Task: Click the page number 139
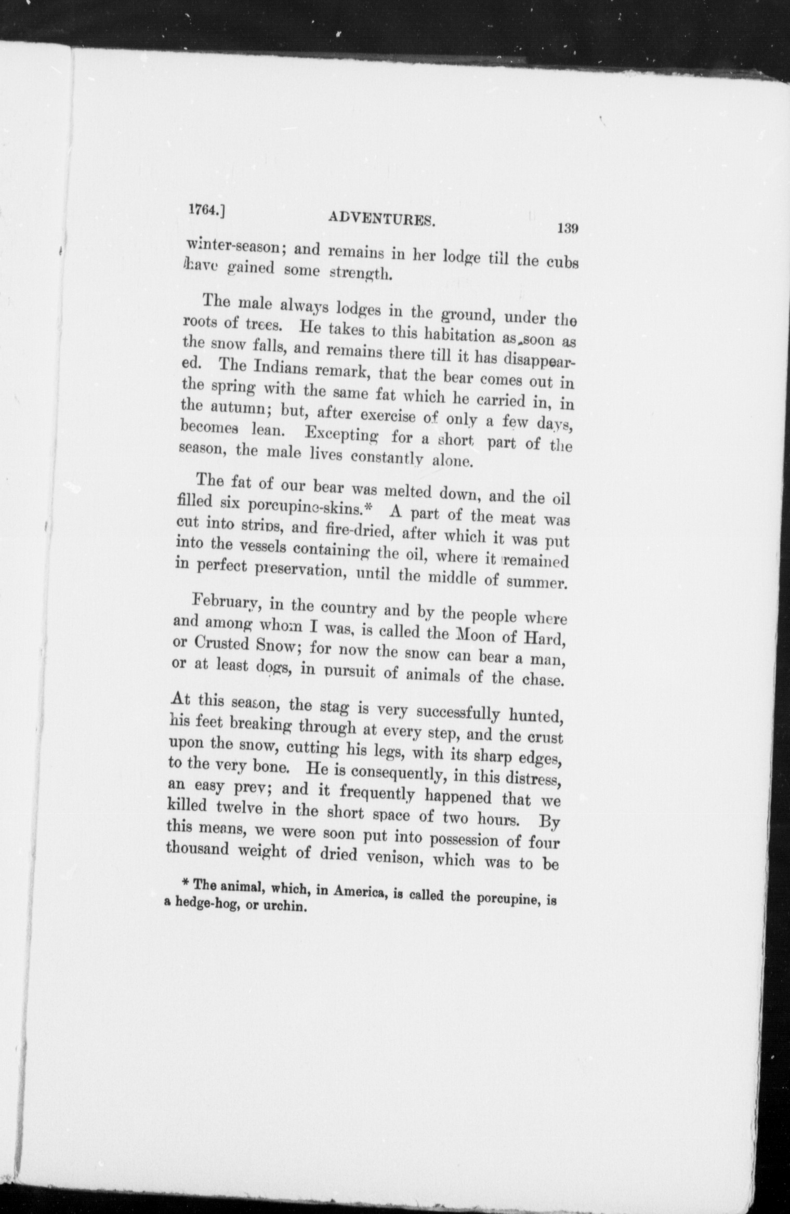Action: coord(568,228)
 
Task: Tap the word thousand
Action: coord(200,849)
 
